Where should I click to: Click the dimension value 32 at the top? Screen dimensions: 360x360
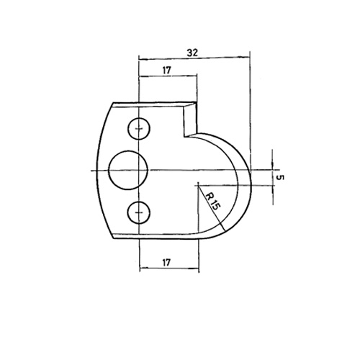click(192, 53)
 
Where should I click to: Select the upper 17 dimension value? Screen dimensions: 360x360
click(167, 71)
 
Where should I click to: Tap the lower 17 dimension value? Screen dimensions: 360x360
click(166, 262)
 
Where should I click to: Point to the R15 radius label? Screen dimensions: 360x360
click(212, 202)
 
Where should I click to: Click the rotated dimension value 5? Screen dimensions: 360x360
click(280, 178)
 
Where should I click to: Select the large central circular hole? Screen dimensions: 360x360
click(128, 170)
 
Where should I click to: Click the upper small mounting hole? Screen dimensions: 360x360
click(139, 129)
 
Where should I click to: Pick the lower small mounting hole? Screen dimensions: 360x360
click(139, 212)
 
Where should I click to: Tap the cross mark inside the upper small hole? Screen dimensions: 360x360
click(139, 129)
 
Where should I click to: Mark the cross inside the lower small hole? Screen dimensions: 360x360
click(139, 212)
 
